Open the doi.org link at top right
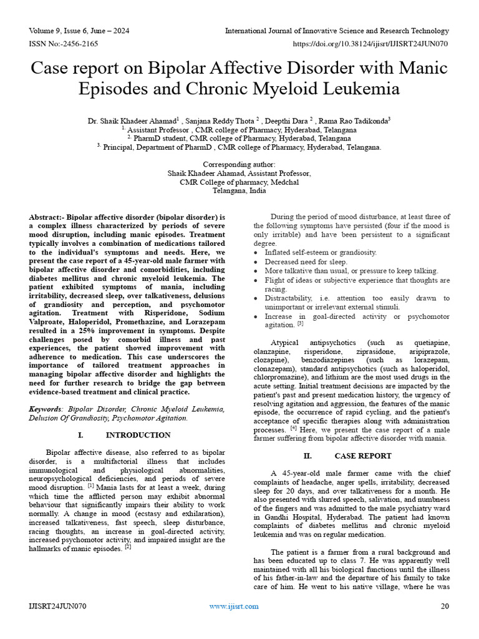pos(370,44)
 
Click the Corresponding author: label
pos(239,164)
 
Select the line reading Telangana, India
pos(239,191)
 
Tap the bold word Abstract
pos(46,217)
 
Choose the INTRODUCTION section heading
pos(138,435)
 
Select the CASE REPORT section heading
pos(362,456)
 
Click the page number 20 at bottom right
pos(445,607)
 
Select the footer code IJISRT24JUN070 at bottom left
pos(57,607)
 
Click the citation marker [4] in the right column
pos(293,429)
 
